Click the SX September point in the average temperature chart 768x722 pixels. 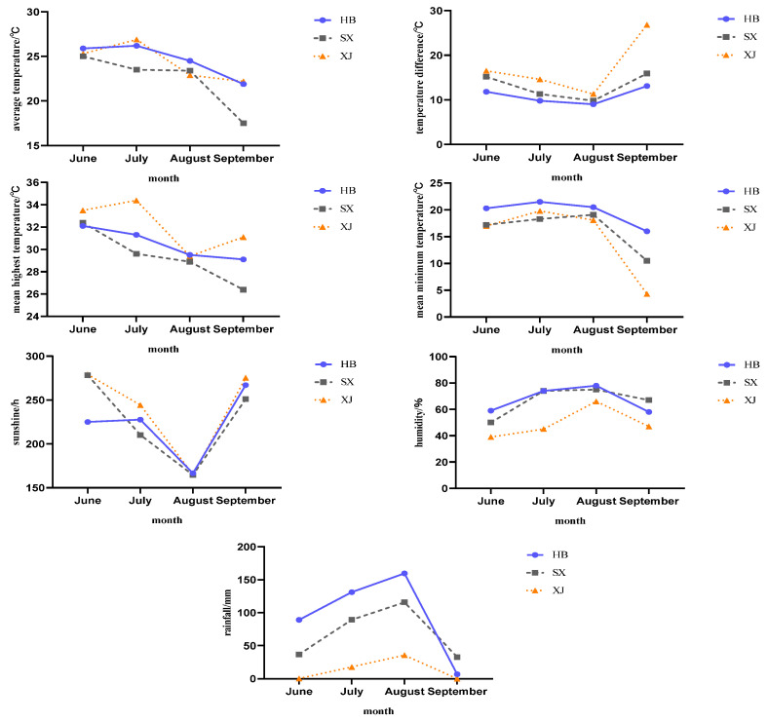(243, 123)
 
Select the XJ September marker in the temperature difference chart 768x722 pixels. (646, 25)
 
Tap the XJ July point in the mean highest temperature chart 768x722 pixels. (136, 201)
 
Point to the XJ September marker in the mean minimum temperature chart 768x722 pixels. (646, 293)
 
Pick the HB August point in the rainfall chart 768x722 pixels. (403, 573)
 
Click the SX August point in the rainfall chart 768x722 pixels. (403, 602)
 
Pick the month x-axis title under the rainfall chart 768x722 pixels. (378, 710)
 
